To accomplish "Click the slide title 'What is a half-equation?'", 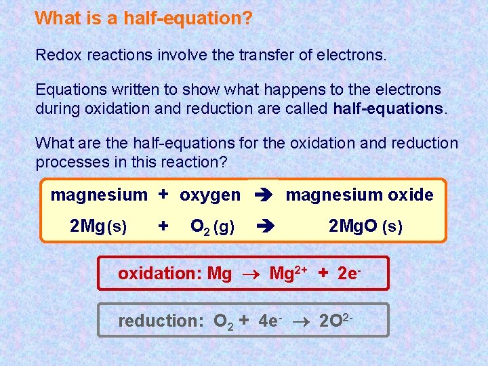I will point(144,18).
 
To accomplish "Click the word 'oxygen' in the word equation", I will point(209,195).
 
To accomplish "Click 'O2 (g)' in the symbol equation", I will point(213,227).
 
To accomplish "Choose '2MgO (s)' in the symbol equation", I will point(365,226).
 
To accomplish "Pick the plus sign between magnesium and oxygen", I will point(163,195).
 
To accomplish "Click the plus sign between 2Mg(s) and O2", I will point(163,226).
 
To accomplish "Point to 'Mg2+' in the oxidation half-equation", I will point(288,273).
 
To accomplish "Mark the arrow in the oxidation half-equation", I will point(250,274).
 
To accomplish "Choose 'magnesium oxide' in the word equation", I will point(359,195).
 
